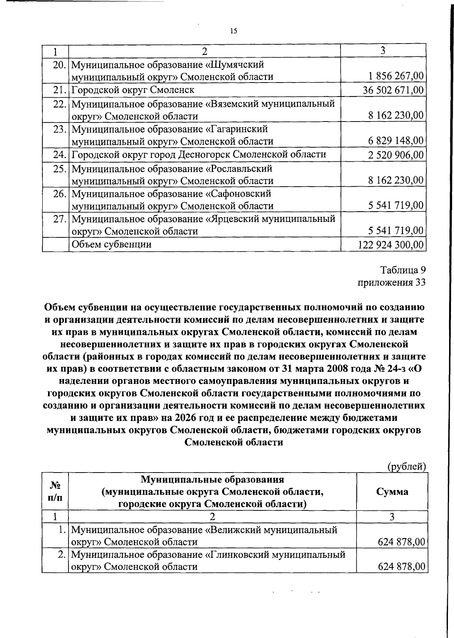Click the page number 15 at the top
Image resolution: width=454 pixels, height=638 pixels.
coord(233,31)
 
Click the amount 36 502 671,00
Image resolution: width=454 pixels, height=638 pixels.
coord(393,90)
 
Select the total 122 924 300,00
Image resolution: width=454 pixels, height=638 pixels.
coord(390,245)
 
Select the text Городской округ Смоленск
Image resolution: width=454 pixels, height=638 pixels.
coord(133,90)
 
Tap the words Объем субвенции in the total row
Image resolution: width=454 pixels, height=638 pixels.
coord(112,245)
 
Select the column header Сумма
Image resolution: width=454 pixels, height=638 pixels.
coord(392,491)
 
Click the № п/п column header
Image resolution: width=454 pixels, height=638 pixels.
coord(55,491)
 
